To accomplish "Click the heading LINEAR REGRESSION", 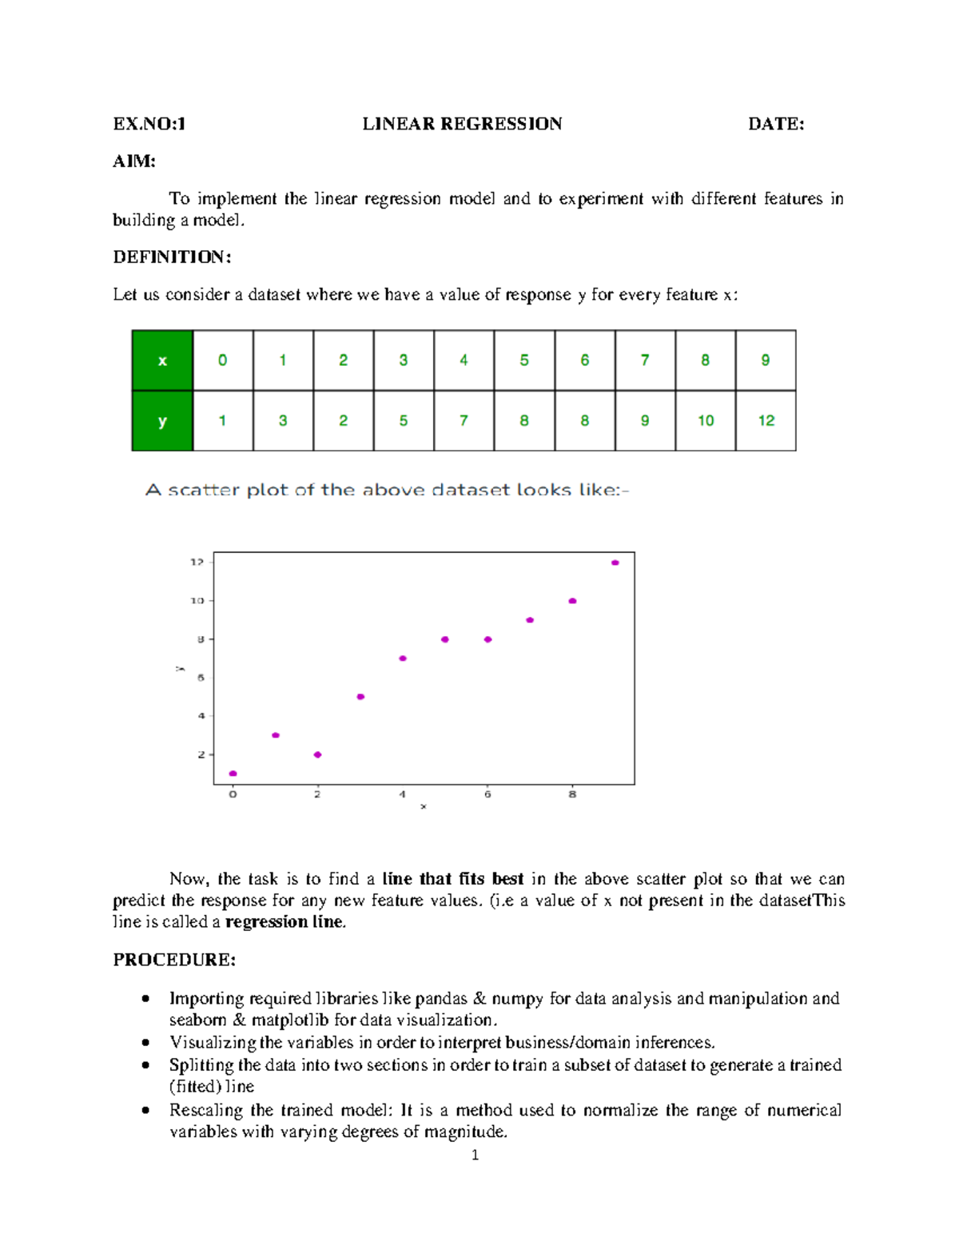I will tap(462, 124).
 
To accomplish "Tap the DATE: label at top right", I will tap(775, 124).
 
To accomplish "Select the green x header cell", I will tap(162, 360).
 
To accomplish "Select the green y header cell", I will tap(162, 421).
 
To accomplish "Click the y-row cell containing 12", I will tap(766, 421).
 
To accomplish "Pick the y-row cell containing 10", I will tap(705, 421).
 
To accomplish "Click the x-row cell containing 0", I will tap(223, 360).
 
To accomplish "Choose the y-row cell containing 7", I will tap(464, 421).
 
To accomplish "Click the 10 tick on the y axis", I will tap(197, 601).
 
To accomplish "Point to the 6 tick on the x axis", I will tap(487, 794).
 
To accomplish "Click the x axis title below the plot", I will tap(424, 807).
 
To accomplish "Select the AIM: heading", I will tap(134, 161).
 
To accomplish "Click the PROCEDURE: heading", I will tap(174, 960).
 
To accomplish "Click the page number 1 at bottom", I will tap(476, 1155).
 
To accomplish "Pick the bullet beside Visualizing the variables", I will tap(145, 1043).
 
